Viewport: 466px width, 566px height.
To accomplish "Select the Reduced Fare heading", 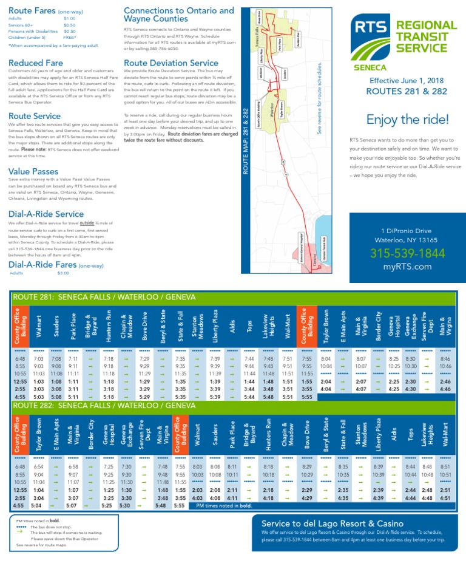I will click(x=36, y=63).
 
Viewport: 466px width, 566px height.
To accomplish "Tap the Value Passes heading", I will click(x=33, y=172).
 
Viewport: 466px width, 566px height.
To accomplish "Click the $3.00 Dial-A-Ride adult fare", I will click(x=64, y=273).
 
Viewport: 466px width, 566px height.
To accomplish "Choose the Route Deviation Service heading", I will click(x=171, y=63).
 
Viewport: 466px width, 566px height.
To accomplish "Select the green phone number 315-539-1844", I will click(x=407, y=253).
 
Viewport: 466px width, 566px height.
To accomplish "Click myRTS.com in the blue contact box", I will click(x=407, y=266).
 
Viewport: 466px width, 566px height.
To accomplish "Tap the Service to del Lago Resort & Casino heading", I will click(x=332, y=523).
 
